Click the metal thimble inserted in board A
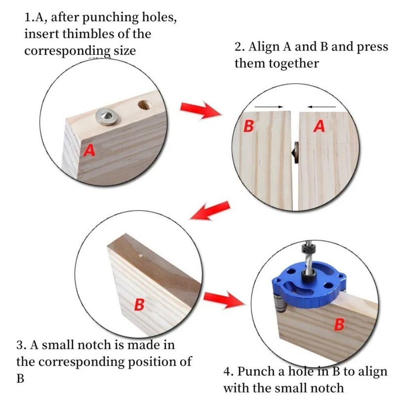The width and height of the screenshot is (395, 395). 107,116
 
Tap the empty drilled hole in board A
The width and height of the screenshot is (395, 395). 144,105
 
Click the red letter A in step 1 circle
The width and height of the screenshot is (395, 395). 90,150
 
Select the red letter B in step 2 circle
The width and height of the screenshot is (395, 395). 248,126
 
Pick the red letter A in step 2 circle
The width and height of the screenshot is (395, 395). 320,126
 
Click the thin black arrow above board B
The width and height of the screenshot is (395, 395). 269,107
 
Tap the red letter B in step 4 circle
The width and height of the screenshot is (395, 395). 339,325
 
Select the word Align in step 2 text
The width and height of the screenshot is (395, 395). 266,47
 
